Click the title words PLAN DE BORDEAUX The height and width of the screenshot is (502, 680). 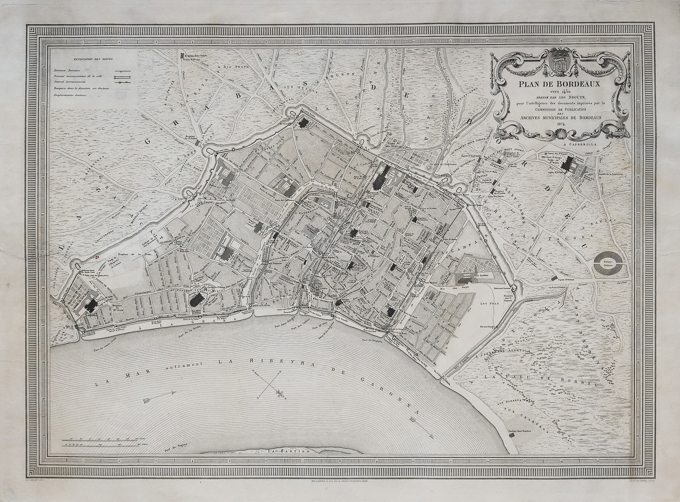(564, 84)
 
